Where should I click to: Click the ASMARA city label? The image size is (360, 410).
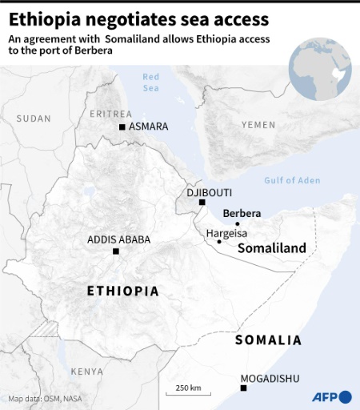(148, 127)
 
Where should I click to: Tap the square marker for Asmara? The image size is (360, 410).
(122, 127)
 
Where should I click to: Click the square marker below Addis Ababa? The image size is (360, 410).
(116, 251)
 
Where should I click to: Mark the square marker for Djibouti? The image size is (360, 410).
(202, 203)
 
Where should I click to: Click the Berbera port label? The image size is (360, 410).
(242, 213)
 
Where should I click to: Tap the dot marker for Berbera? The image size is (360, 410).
(237, 224)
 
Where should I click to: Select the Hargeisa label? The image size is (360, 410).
(226, 233)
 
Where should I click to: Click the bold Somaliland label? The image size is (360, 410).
(272, 249)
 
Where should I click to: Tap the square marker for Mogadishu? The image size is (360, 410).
(244, 388)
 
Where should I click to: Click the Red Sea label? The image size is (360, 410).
(151, 82)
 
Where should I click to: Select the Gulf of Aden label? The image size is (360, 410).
(292, 181)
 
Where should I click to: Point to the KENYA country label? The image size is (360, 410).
(86, 372)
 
